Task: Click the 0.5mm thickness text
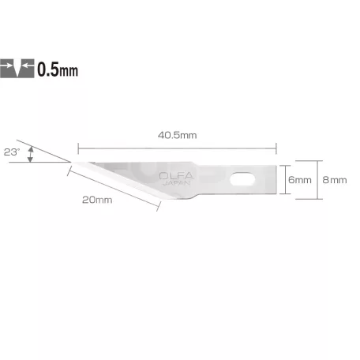[58, 69]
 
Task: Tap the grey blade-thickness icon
[17, 69]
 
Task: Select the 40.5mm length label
[178, 135]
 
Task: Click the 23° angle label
[12, 152]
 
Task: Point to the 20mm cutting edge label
[97, 200]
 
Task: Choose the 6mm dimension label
[300, 180]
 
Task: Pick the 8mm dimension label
[335, 180]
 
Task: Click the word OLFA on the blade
[176, 176]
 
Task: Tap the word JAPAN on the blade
[177, 183]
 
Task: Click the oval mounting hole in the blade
[242, 179]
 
